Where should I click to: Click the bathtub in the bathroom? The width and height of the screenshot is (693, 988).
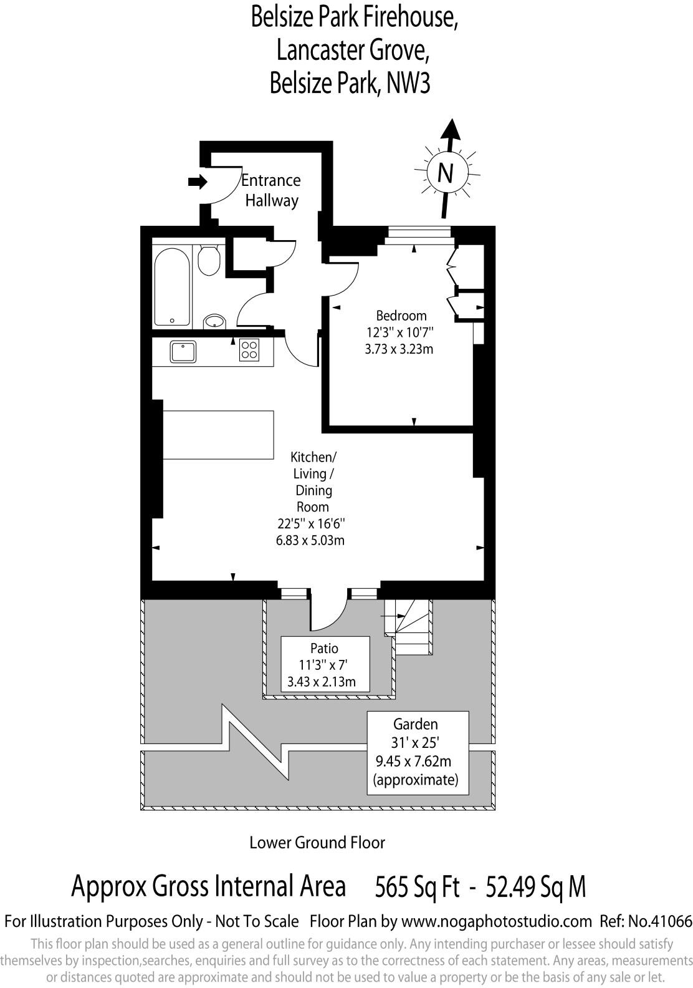[173, 286]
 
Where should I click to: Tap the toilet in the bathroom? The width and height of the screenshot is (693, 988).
[209, 261]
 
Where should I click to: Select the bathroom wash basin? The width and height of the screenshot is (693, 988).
[215, 321]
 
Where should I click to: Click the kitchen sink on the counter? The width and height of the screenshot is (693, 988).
[183, 351]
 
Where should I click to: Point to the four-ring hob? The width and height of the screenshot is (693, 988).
[249, 349]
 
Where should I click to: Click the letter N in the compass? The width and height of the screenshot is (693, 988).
[444, 173]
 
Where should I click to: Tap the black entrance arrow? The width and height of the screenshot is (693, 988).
[198, 182]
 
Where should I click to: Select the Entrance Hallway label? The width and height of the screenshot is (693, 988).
[271, 190]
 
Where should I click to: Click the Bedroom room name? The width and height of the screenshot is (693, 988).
[401, 316]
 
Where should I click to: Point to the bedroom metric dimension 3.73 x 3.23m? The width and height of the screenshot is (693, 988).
[399, 349]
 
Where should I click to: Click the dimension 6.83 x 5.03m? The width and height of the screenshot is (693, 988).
[310, 540]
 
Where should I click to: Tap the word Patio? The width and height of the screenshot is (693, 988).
[324, 648]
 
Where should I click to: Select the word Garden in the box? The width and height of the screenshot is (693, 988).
[416, 724]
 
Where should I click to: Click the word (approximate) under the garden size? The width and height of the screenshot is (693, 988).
[416, 780]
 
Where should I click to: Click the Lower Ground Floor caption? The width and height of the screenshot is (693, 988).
[317, 843]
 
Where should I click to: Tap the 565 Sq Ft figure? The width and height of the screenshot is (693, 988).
[417, 886]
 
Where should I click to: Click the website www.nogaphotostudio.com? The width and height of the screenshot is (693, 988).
[496, 921]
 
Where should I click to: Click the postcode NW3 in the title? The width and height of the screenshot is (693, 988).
[409, 83]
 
